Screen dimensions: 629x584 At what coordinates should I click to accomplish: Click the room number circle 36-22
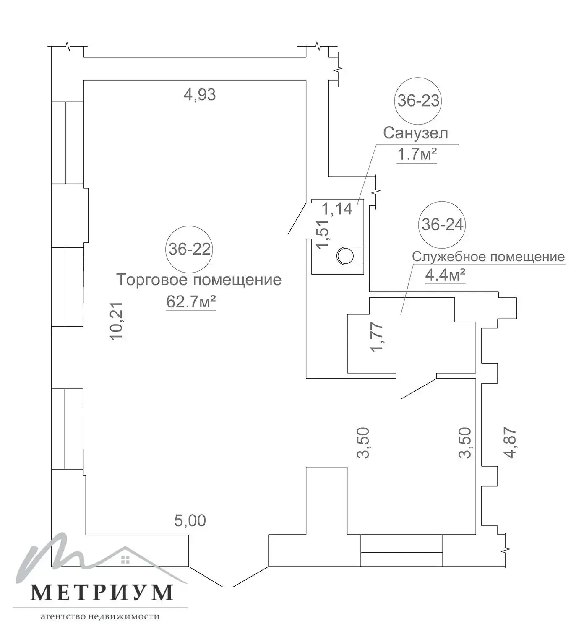pos(189,249)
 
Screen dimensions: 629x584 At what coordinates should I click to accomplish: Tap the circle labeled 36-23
pos(418,101)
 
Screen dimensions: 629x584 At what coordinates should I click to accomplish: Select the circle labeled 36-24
pos(442,224)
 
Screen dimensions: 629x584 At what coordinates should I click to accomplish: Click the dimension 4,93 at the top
pos(200,95)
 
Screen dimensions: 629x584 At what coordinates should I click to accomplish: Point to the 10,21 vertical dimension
pos(117,321)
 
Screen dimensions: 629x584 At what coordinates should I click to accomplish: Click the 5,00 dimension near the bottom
pos(190,521)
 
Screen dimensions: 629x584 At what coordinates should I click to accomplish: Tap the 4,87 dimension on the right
pos(510,442)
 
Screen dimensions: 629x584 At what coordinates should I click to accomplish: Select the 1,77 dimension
pos(377,336)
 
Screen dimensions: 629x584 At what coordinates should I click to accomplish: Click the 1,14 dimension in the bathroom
pos(337,208)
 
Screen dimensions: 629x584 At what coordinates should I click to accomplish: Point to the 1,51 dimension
pos(323,234)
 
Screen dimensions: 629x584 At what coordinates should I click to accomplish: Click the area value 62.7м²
pos(191,302)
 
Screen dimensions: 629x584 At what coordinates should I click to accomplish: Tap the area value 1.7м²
pos(417,155)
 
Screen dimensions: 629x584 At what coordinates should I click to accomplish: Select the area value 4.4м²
pos(445,276)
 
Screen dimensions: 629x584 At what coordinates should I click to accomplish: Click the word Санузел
pos(415,133)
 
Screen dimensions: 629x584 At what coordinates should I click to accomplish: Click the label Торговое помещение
pos(199,280)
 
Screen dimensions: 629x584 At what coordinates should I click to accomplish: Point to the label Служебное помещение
pos(488,257)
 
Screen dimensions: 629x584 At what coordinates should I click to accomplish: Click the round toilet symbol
pos(346,255)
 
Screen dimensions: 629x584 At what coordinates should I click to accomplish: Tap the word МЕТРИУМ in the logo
pos(102,592)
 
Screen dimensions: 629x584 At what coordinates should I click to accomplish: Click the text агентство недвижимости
pos(100,616)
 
